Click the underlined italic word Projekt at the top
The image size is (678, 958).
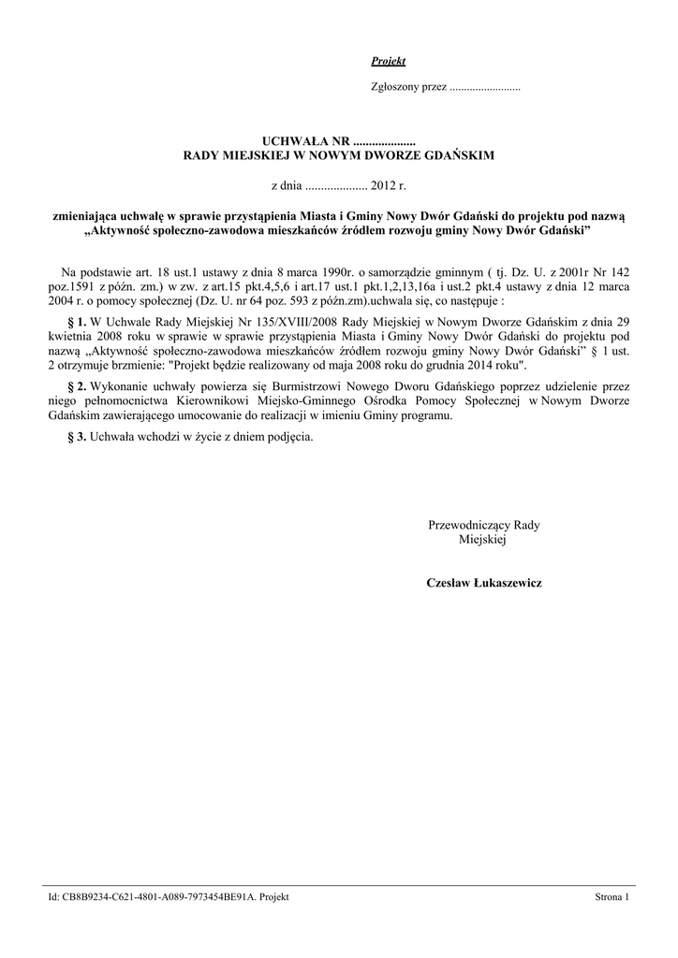pos(388,62)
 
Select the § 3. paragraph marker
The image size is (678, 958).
pos(78,437)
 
